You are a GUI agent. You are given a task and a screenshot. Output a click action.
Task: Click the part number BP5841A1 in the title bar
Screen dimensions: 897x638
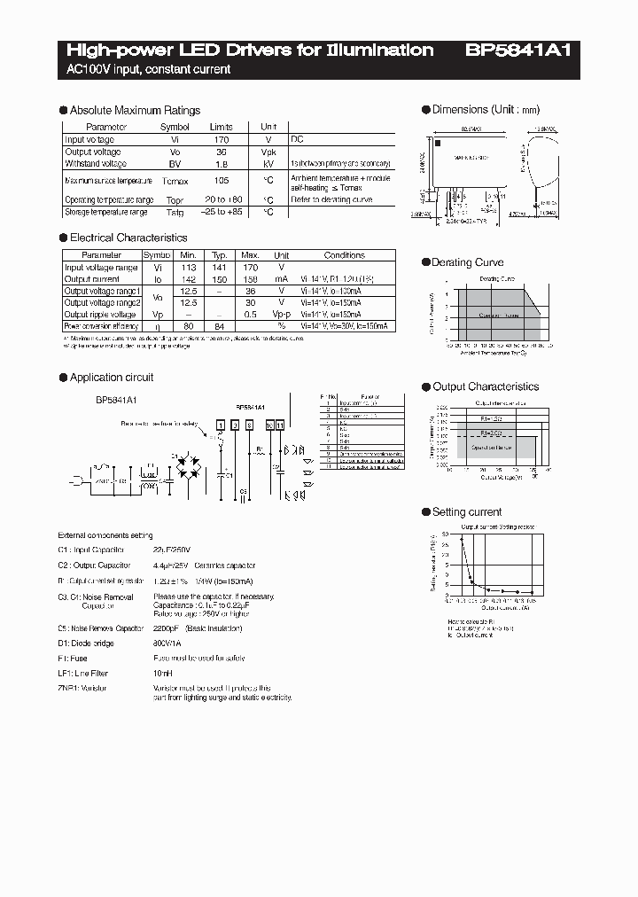pos(518,51)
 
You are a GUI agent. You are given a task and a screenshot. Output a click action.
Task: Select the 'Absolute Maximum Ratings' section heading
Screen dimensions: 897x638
pos(135,110)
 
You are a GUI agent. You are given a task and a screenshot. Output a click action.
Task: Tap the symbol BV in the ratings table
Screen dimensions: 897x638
pos(175,164)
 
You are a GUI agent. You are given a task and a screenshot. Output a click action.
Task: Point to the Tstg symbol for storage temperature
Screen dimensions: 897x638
pos(175,212)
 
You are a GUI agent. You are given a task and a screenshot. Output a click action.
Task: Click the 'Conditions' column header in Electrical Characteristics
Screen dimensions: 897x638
pos(344,255)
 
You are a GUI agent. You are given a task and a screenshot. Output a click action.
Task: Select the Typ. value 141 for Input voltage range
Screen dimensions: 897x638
pos(221,267)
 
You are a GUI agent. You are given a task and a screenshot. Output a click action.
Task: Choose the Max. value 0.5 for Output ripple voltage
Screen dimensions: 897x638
pos(251,314)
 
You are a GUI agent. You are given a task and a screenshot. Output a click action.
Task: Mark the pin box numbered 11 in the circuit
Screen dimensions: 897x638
pos(281,426)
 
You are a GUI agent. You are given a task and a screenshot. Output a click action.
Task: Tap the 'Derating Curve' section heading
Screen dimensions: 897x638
pos(467,262)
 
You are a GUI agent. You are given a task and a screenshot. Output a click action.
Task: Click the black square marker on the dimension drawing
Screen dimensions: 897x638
pos(438,141)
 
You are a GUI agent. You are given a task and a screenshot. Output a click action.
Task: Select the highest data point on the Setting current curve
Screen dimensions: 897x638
pos(461,538)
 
